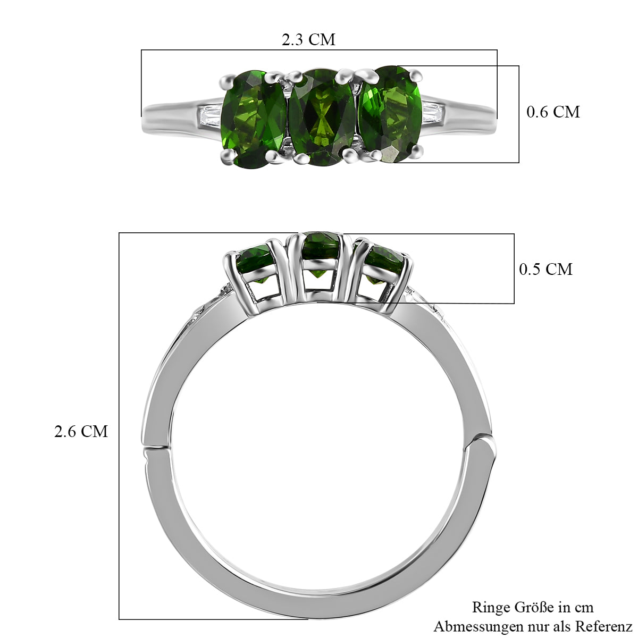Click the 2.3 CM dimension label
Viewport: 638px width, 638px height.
[308, 39]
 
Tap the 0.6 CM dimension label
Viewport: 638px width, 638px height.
[553, 112]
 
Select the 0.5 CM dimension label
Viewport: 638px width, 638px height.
[545, 269]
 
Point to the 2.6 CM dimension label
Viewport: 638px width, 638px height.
[81, 431]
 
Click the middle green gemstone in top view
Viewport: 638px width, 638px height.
[322, 117]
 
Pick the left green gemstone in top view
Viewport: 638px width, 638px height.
[253, 119]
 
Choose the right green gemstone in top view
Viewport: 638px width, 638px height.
[390, 114]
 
